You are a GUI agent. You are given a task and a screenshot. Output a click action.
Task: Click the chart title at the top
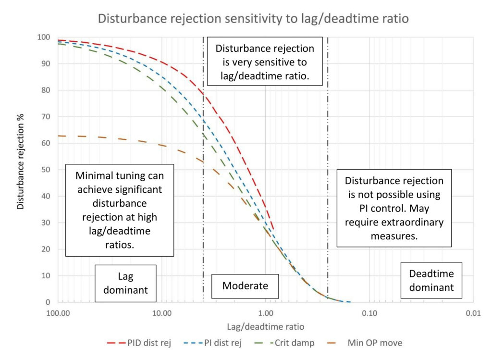point(253,19)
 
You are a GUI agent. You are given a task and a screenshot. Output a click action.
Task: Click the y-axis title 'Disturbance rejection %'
point(20,161)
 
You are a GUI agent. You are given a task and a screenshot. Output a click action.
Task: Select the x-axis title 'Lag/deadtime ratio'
point(265,327)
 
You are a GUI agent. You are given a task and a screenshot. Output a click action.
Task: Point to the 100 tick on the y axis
point(44,37)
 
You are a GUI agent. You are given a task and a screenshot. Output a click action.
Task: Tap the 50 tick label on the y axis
point(46,170)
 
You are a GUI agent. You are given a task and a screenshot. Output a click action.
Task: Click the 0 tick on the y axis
point(48,302)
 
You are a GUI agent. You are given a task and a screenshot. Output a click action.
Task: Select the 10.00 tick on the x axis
point(162,313)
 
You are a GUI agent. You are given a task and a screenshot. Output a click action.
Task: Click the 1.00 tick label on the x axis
point(266,313)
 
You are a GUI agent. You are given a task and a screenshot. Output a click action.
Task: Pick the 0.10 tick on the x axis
point(369,313)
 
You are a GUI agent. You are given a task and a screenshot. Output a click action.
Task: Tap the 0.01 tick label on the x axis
point(473,313)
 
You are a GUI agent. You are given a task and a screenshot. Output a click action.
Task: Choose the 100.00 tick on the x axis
point(58,313)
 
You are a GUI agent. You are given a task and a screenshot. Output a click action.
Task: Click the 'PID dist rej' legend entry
point(139,343)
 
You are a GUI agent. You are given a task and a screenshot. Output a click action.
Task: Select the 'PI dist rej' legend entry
point(213,343)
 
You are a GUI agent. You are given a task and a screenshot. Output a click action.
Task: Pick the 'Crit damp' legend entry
point(284,343)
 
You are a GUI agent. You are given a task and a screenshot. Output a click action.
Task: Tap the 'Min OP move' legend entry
point(365,343)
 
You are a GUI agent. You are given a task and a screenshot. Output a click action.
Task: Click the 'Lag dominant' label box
point(125,284)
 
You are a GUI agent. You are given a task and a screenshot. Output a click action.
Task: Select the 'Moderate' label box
point(245,286)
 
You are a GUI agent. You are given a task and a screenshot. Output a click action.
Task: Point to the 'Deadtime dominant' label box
point(431,280)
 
